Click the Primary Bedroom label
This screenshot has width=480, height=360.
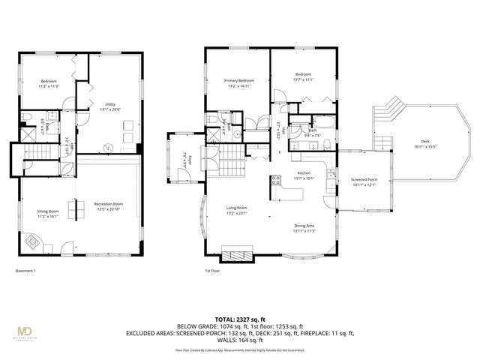click(239, 82)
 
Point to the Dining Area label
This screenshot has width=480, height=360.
click(303, 226)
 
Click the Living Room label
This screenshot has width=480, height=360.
click(237, 209)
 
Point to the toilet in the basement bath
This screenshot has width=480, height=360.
click(25, 118)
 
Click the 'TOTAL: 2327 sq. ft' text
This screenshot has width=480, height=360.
click(239, 319)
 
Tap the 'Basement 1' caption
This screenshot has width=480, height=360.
click(26, 271)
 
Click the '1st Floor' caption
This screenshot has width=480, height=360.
click(213, 271)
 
